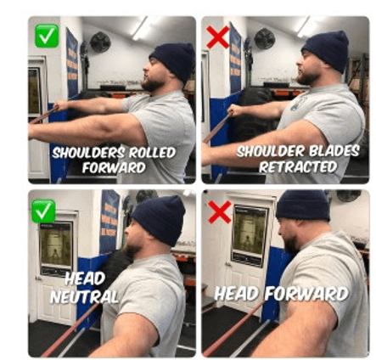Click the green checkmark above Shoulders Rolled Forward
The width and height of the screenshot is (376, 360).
click(47, 36)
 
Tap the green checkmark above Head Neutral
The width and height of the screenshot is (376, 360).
click(43, 211)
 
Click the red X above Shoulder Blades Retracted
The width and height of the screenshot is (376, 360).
click(218, 37)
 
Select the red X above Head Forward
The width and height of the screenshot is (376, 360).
click(220, 212)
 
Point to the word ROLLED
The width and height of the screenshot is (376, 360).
click(153, 153)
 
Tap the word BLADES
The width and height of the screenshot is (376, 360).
click(334, 151)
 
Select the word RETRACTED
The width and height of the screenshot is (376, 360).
click(298, 166)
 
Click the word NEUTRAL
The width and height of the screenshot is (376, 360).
click(84, 297)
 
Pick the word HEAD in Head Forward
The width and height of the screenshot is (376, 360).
click(237, 294)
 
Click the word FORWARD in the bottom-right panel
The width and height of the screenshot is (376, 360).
click(306, 294)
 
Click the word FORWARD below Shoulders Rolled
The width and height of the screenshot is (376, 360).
click(114, 168)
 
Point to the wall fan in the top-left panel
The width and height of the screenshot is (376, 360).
click(100, 42)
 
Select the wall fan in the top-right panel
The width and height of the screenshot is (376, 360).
click(265, 38)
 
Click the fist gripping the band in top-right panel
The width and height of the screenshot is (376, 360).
click(234, 110)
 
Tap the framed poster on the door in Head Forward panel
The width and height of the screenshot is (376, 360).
click(250, 235)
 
